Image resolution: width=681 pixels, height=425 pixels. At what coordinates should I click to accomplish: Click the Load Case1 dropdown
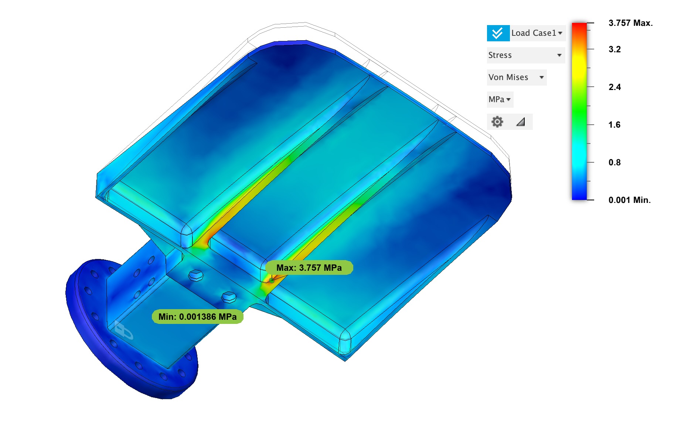click(537, 33)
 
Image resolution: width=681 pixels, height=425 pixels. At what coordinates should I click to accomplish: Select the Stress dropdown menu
click(526, 55)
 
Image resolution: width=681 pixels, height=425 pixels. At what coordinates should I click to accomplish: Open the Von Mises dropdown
click(517, 77)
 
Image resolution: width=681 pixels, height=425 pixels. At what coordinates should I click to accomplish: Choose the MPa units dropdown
click(500, 100)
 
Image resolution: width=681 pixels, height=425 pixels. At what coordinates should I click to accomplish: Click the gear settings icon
click(497, 122)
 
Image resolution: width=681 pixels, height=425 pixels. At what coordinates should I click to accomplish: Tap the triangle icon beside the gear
click(521, 122)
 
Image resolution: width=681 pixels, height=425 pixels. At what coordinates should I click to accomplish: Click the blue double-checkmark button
click(498, 33)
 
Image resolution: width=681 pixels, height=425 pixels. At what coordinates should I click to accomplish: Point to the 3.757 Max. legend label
click(630, 23)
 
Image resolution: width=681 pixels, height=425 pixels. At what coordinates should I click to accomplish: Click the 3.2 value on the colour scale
click(614, 49)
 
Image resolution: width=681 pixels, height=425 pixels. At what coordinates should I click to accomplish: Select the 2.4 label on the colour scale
click(614, 87)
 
